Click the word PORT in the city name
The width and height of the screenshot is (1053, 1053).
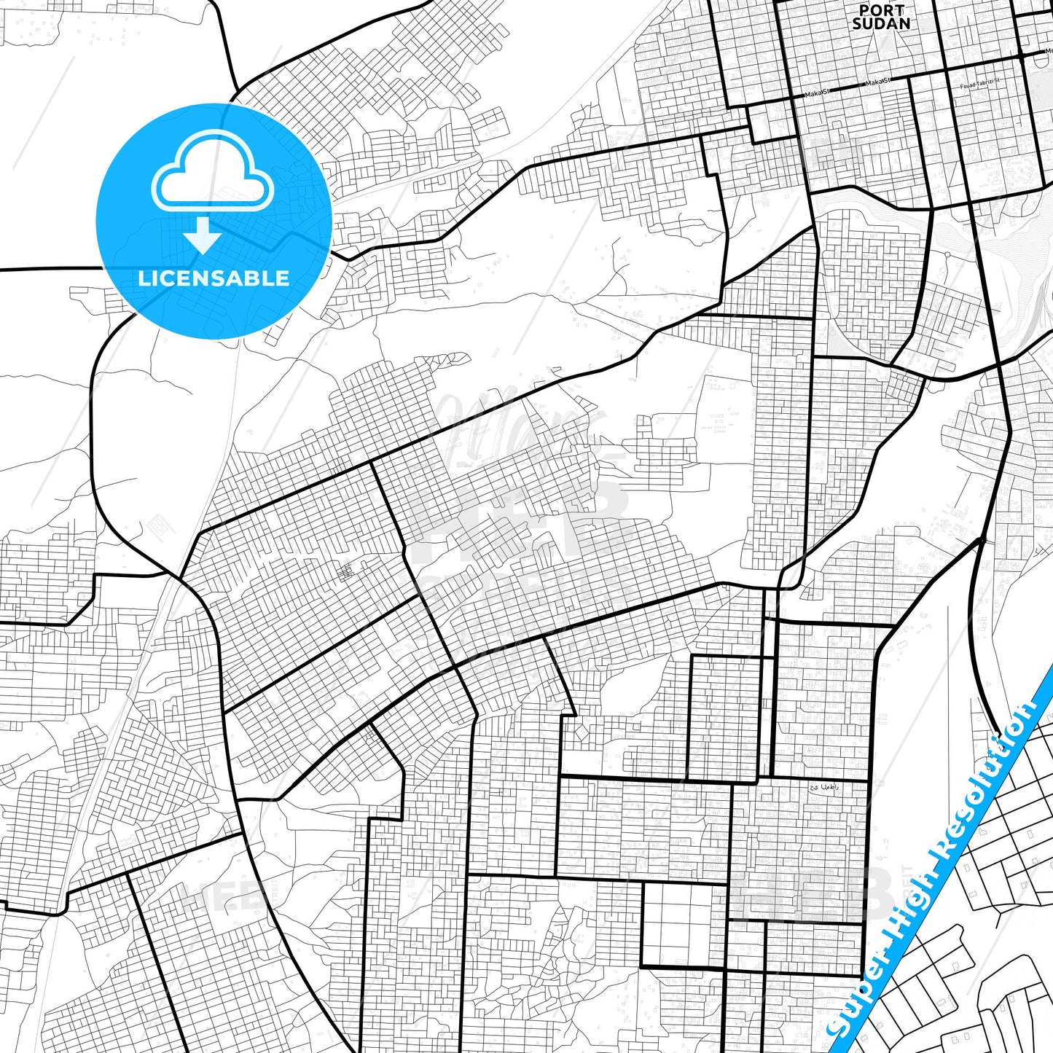pos(881,10)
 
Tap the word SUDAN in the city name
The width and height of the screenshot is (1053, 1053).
pos(881,23)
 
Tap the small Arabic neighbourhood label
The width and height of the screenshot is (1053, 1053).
pos(824,788)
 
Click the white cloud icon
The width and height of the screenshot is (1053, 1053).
pos(212,179)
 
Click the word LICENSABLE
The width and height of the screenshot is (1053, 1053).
pos(214,278)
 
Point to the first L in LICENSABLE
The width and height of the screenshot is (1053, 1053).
pos(143,278)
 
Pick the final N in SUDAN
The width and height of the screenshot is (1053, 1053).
pos(904,23)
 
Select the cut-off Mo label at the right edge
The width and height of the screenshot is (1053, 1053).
pos(1049,51)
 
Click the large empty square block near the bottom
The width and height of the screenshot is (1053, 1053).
pos(683,925)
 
